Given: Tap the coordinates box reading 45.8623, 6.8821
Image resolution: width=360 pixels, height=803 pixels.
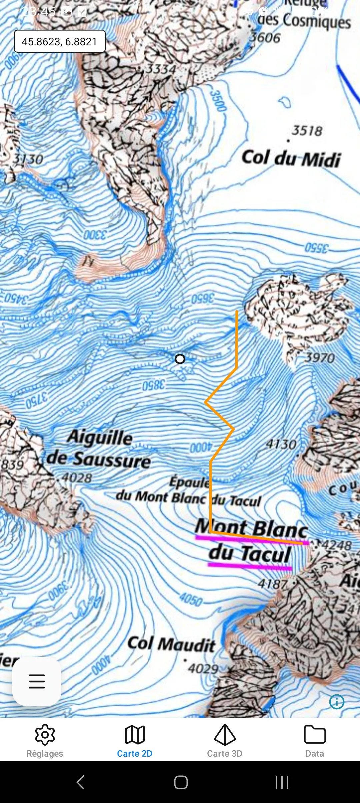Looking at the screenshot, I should [x=60, y=41].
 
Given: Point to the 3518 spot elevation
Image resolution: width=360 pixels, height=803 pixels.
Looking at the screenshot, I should [x=307, y=130].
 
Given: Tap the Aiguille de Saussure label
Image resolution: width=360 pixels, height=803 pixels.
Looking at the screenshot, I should [x=99, y=448].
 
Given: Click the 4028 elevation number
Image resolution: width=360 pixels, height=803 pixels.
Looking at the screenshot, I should [x=77, y=478].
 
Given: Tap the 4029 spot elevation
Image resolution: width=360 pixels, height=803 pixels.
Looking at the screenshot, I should [x=203, y=668].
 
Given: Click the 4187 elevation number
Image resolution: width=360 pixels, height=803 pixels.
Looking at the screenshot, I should [x=272, y=584].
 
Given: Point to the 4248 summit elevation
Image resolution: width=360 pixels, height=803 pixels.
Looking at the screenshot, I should [x=337, y=545].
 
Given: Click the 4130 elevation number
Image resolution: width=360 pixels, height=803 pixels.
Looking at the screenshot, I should [x=281, y=444].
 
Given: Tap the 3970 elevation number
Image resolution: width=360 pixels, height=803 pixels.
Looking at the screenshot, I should [x=320, y=358].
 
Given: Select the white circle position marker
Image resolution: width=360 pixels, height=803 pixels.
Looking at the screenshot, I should [x=180, y=359].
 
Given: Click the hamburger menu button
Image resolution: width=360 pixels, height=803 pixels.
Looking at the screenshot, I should [x=37, y=681].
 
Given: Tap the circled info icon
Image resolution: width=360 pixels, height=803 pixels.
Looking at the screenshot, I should [x=337, y=702].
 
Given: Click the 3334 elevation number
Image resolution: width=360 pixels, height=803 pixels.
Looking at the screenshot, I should [x=161, y=69].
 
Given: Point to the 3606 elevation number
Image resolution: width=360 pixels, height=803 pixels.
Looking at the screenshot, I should [x=265, y=37].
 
